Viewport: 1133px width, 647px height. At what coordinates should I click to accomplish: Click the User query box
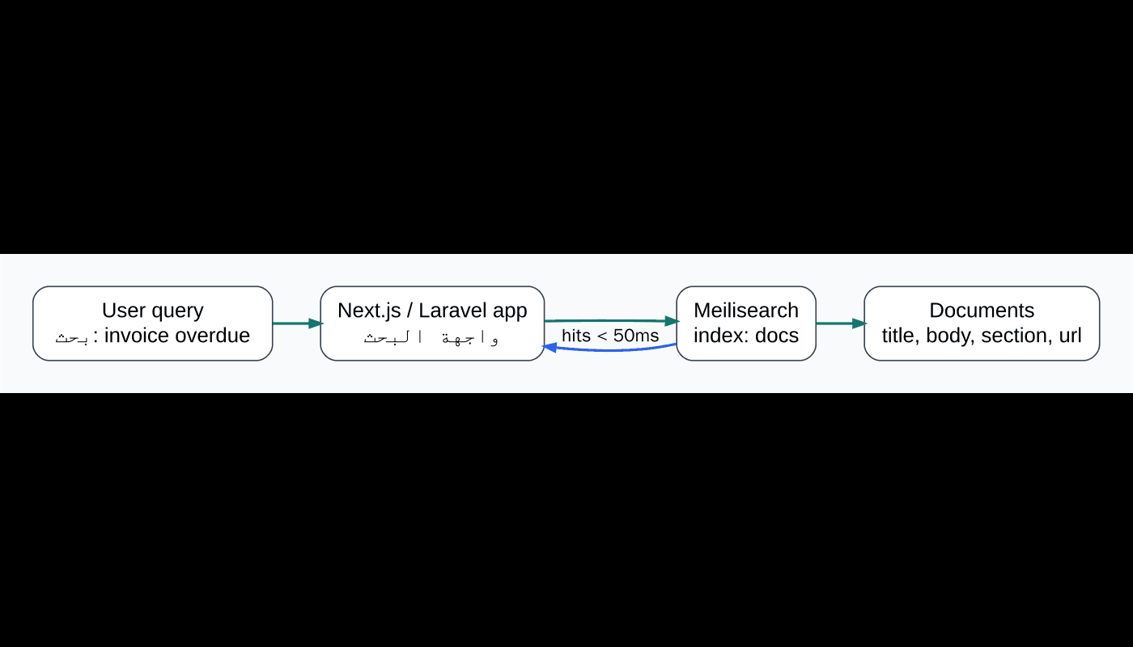152,323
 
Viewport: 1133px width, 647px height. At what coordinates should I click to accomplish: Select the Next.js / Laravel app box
432,323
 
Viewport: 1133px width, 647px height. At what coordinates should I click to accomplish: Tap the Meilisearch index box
745,323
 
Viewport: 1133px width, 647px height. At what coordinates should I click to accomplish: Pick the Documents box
982,323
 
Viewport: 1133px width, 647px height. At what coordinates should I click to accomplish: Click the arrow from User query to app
296,323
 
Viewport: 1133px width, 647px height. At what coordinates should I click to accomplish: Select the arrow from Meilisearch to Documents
840,323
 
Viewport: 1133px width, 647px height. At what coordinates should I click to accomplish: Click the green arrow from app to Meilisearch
610,321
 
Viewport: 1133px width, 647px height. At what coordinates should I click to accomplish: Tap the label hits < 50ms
610,335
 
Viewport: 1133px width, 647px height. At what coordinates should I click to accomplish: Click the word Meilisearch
745,311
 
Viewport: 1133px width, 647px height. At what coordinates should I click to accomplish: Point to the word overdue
213,336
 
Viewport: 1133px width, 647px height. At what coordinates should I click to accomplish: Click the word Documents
982,311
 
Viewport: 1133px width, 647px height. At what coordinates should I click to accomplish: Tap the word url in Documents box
1068,336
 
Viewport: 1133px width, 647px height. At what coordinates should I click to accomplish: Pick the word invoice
137,336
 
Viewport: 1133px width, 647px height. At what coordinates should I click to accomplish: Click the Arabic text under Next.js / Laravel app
431,337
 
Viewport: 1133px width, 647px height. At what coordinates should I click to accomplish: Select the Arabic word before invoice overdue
71,337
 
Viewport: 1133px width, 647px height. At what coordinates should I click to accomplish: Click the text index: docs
745,336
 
